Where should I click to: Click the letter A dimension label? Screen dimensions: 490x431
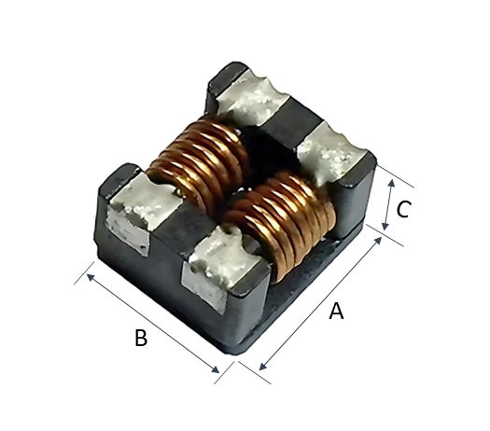click(336, 311)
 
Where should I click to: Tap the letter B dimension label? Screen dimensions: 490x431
click(141, 338)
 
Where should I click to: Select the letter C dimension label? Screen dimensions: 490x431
click(403, 209)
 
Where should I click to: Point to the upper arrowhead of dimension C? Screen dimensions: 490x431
click(391, 183)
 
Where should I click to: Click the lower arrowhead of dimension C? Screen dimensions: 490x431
click(385, 226)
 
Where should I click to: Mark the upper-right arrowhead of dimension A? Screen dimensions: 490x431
click(378, 240)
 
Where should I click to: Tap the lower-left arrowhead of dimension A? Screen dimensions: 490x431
click(263, 367)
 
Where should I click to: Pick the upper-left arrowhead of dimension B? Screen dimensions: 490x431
click(90, 277)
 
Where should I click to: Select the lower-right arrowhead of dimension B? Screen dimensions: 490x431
click(216, 369)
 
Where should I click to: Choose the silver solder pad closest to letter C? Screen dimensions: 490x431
click(331, 153)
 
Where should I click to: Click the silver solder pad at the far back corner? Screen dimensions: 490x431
click(252, 97)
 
